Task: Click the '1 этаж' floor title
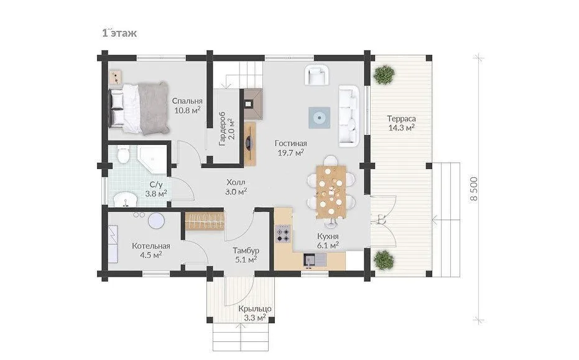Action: pos(119,33)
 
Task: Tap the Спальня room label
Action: pos(187,101)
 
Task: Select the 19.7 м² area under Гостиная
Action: pos(290,152)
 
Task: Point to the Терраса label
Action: pos(401,119)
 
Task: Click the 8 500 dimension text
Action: pos(474,188)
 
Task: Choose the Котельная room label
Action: pos(151,246)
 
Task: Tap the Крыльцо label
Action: pos(255,308)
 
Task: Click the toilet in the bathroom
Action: pos(123,155)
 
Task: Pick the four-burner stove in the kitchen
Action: pos(284,233)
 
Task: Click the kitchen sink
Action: pos(315,259)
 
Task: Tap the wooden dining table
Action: pos(331,192)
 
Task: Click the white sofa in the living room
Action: pos(349,116)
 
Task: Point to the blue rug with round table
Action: pos(320,118)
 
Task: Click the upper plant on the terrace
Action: pos(384,75)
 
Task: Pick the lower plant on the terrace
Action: pos(384,260)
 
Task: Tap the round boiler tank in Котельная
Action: pos(156,221)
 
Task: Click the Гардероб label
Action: pos(227,129)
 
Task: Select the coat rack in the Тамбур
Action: pos(205,221)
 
